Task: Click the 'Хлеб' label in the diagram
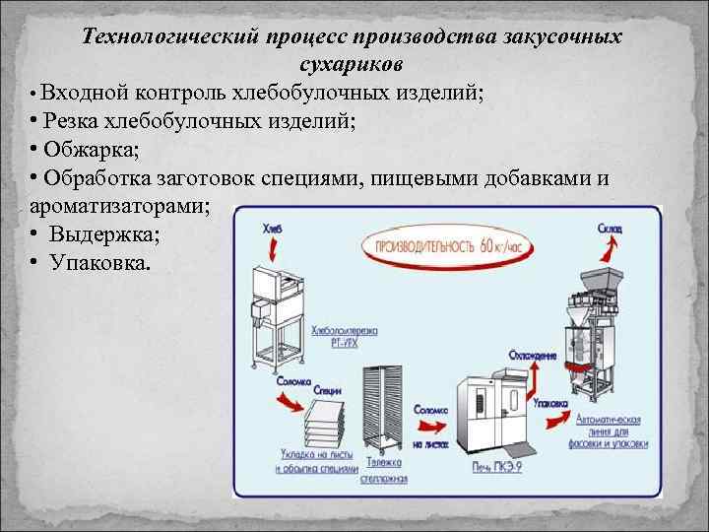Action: point(273,228)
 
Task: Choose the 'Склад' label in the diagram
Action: point(608,228)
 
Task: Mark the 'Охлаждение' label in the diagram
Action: point(534,355)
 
